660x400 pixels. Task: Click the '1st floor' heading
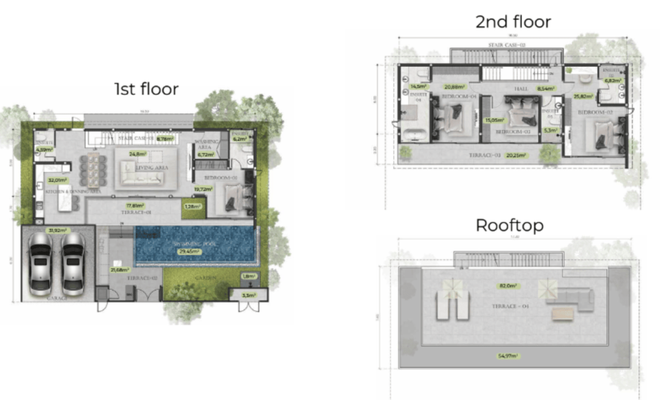(x=146, y=89)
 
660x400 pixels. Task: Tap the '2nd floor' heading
(x=513, y=22)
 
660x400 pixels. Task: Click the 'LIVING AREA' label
(x=151, y=167)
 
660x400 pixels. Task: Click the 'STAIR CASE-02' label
(x=507, y=45)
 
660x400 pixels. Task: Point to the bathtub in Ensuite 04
(x=414, y=136)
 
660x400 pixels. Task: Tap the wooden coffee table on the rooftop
(x=561, y=314)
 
